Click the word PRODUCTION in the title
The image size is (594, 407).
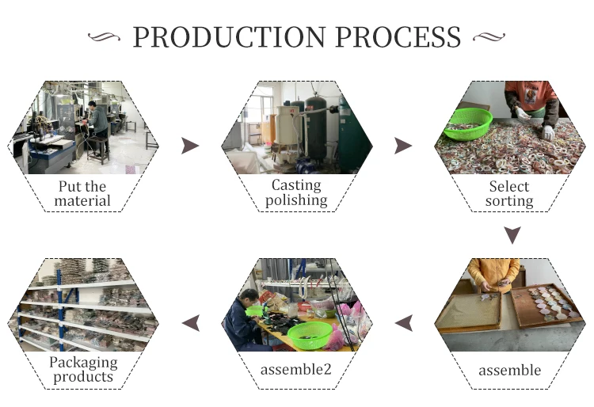(x=229, y=37)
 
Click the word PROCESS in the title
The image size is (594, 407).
(x=398, y=37)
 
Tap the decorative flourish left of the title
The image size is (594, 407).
(x=105, y=36)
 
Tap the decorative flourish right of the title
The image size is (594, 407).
(x=489, y=36)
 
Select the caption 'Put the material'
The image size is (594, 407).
(x=82, y=193)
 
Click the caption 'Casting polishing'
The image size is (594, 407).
(x=296, y=192)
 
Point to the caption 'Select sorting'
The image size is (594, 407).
(x=509, y=193)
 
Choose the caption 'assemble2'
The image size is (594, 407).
(x=296, y=369)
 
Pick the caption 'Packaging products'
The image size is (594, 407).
(x=83, y=369)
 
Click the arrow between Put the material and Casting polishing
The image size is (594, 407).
(x=190, y=146)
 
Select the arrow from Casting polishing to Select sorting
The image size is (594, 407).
(x=402, y=146)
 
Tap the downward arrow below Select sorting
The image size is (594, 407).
(x=512, y=235)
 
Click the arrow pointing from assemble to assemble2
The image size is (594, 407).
(x=404, y=323)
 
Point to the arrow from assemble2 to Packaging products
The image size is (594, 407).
(x=191, y=323)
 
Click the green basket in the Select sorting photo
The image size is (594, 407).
(x=468, y=124)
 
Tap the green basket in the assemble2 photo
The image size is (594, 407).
(x=310, y=334)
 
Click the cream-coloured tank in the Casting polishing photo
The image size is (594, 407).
(x=288, y=125)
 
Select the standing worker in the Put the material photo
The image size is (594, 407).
(x=97, y=127)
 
